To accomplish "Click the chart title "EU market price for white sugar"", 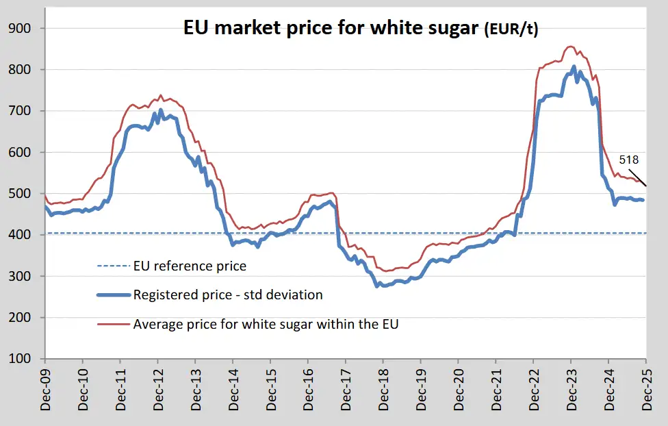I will (x=333, y=29).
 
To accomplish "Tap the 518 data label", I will (x=628, y=160).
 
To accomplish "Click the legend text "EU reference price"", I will (x=190, y=266).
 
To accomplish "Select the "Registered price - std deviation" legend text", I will (x=228, y=295).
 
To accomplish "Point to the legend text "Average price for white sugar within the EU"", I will (x=266, y=325).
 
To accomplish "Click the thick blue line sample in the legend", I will (x=114, y=295).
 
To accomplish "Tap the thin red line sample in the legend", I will (x=114, y=325).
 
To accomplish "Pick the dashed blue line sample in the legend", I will (x=114, y=266).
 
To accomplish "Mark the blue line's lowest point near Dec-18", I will (x=377, y=286).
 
